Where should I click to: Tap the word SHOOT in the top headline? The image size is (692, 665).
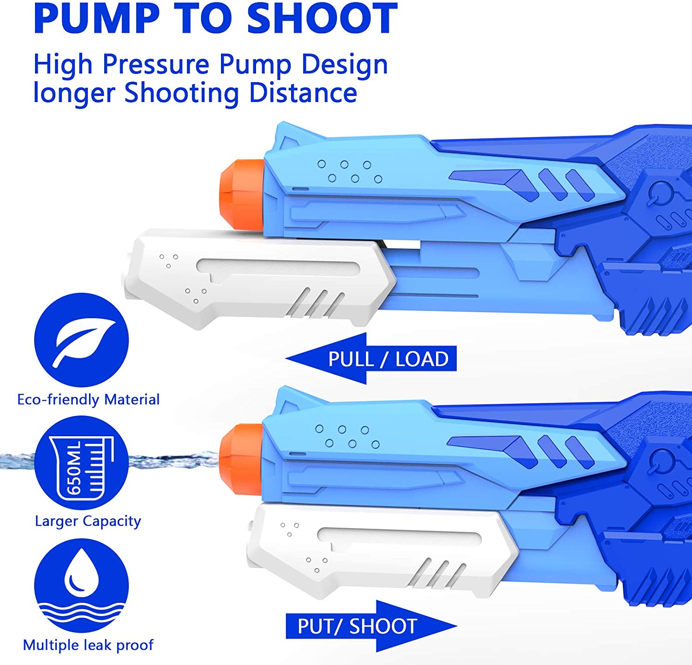[322, 18]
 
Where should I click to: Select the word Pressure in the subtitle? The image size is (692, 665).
[156, 64]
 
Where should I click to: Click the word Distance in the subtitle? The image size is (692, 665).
[303, 93]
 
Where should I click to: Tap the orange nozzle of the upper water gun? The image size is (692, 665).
[242, 195]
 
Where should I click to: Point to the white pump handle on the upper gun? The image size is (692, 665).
[258, 279]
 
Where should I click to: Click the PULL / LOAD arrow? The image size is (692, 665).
[371, 358]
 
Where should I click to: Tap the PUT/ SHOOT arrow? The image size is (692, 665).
[371, 626]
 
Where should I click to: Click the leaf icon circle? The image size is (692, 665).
[82, 340]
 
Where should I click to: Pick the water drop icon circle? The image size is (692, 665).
[82, 586]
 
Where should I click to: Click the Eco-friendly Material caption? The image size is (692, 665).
[88, 399]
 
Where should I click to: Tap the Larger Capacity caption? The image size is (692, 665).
[88, 522]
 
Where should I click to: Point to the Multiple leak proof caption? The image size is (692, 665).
[88, 645]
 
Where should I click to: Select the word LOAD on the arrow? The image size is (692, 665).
[422, 359]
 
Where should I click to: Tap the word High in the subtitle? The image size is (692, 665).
[63, 65]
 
